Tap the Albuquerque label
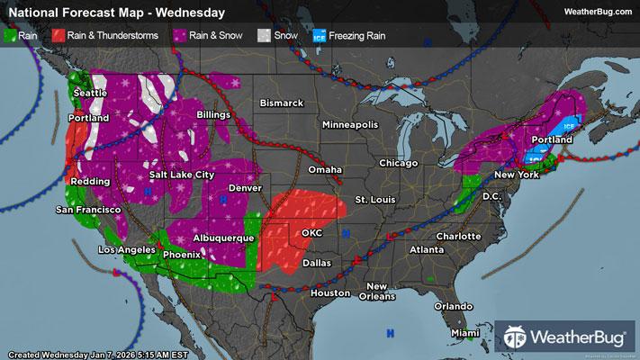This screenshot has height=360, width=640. click(222, 238)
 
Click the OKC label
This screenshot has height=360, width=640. click(311, 232)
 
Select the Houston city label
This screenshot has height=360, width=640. click(329, 293)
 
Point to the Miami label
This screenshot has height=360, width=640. click(465, 333)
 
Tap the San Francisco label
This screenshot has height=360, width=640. click(88, 210)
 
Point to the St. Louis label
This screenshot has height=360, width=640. click(374, 198)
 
